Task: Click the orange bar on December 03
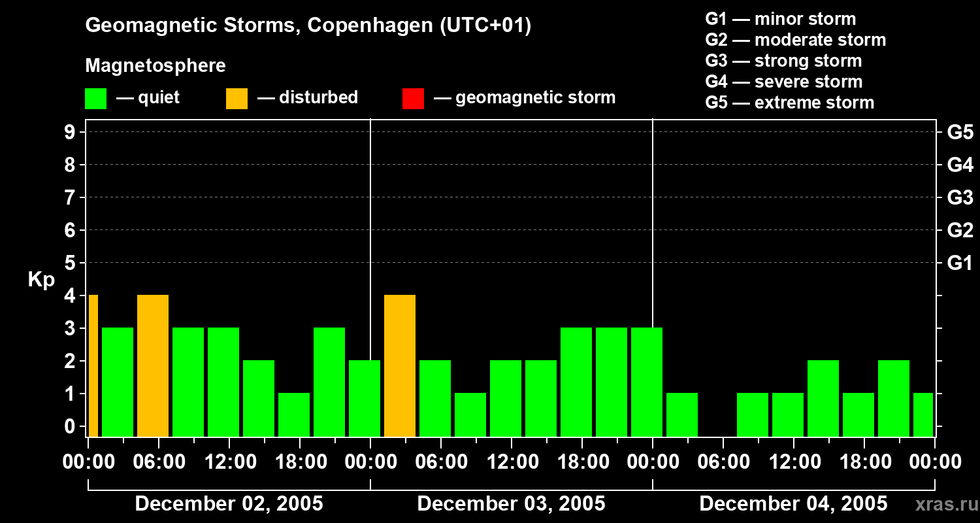[x=400, y=365]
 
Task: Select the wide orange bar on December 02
[x=153, y=365]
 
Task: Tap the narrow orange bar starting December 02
[x=93, y=365]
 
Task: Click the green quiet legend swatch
[x=96, y=99]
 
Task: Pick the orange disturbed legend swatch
[x=237, y=99]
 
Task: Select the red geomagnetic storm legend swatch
[x=414, y=99]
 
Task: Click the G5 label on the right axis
[x=960, y=132]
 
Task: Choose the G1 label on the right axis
[x=960, y=263]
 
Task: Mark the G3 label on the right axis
[x=960, y=197]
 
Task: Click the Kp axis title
[x=41, y=280]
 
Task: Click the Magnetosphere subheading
[x=155, y=66]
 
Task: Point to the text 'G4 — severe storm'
[x=783, y=82]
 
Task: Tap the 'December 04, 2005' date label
[x=793, y=504]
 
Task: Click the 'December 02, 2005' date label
[x=229, y=504]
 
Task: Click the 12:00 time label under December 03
[x=512, y=462]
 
